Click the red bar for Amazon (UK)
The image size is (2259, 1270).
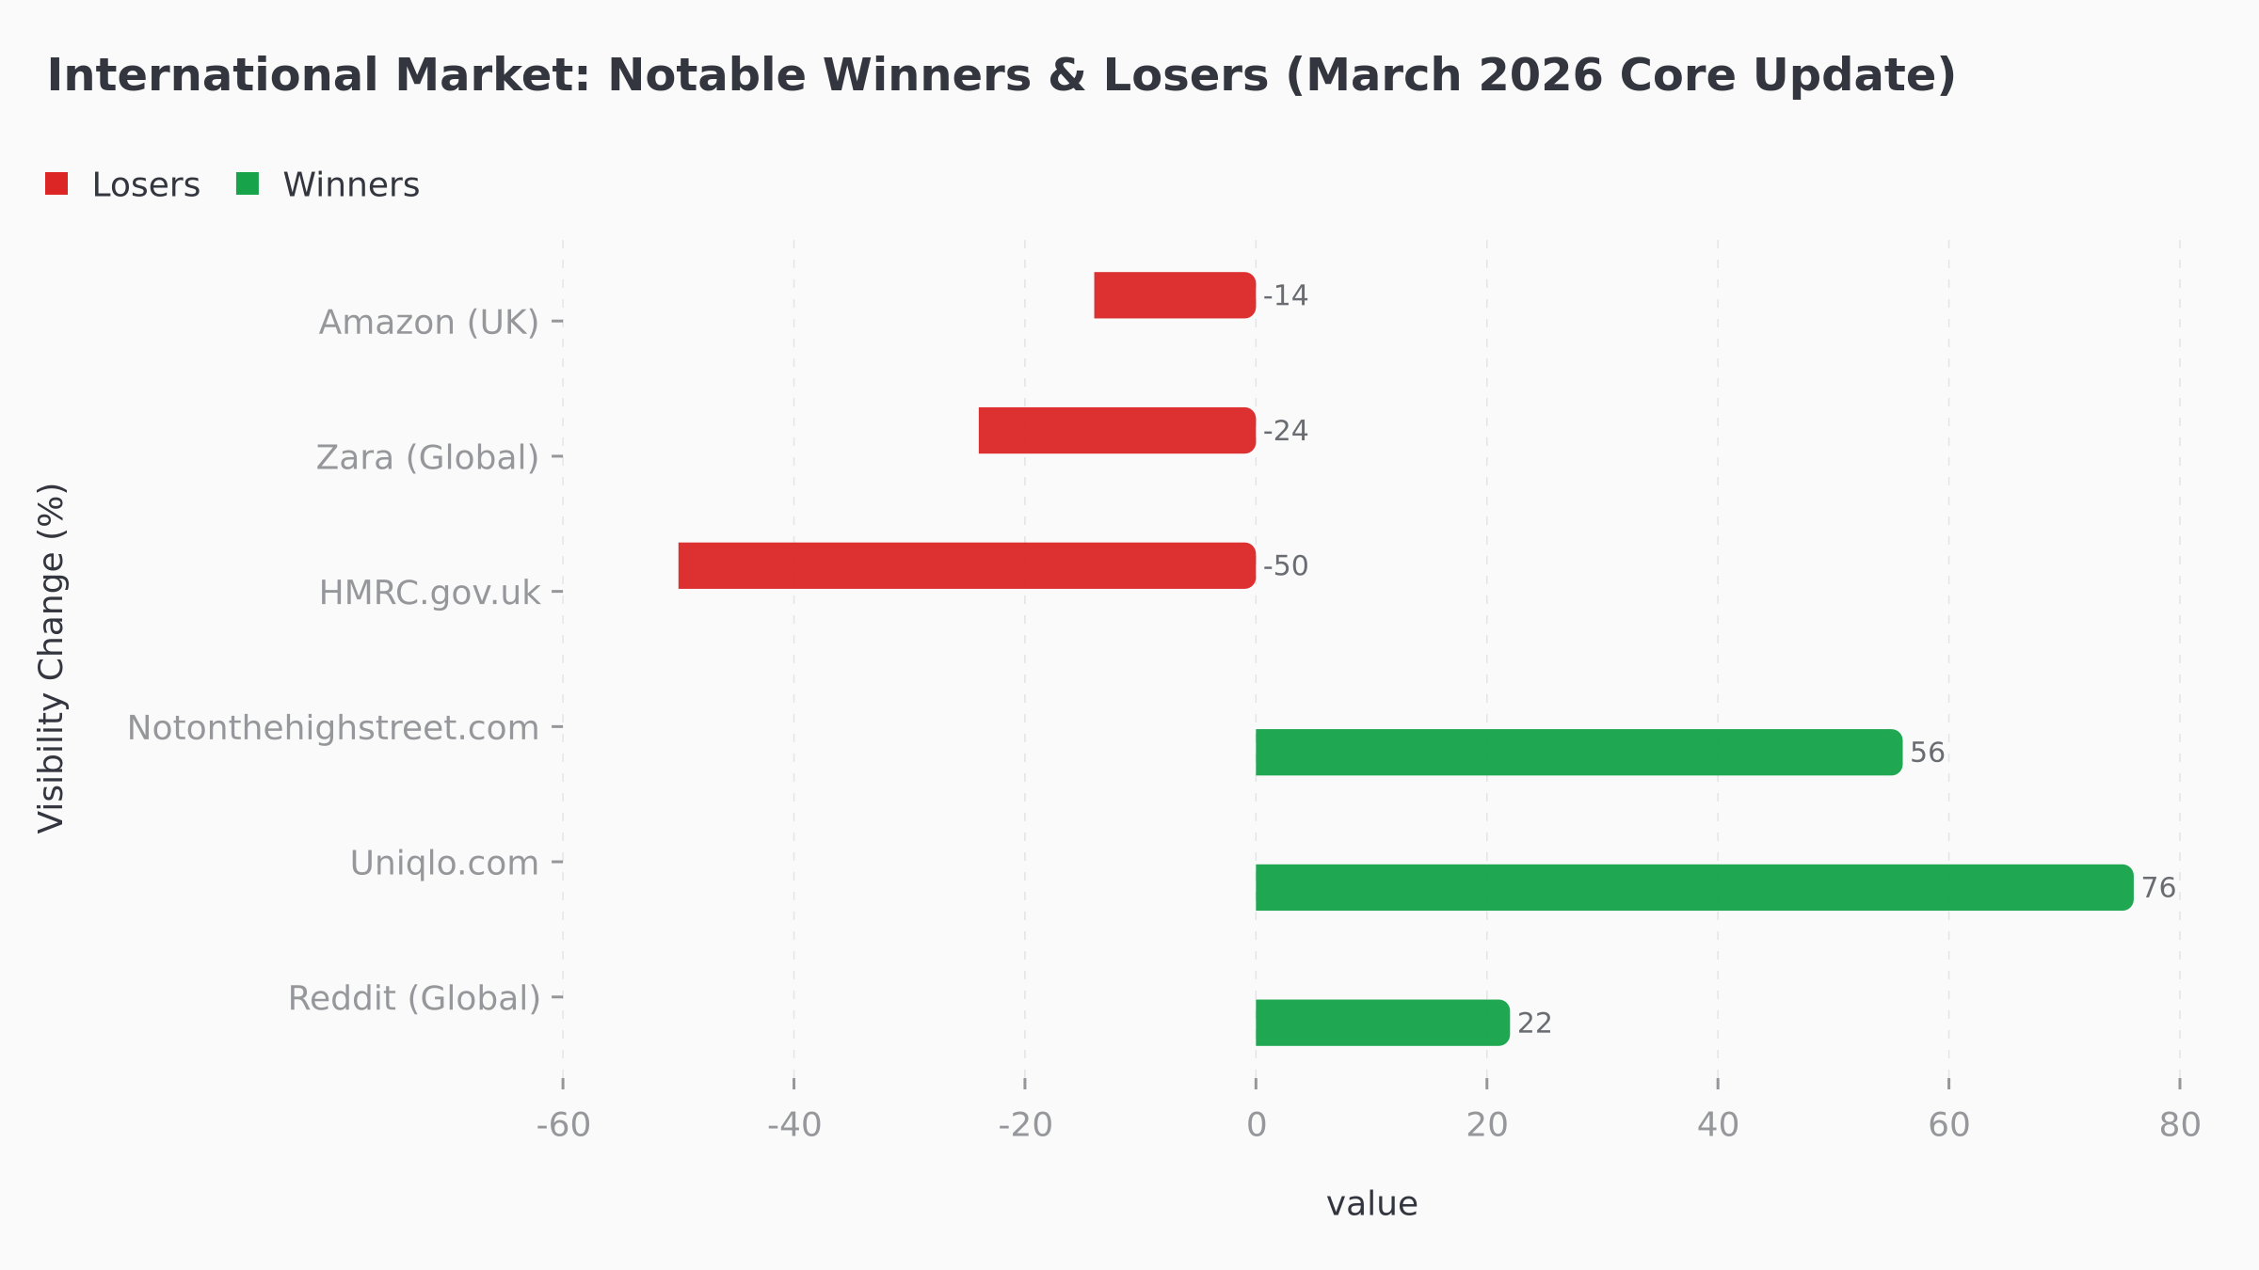coord(1175,295)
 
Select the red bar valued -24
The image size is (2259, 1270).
coord(1117,431)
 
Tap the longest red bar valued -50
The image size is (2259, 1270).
coord(967,566)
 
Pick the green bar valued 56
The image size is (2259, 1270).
coord(1578,753)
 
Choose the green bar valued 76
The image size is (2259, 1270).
coord(1694,887)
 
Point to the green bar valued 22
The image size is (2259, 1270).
coord(1382,1023)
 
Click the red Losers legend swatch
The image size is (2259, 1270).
coord(56,184)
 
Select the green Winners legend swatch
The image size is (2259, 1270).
coord(248,184)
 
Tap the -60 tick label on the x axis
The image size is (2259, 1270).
coord(563,1125)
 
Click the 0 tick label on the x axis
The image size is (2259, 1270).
coord(1257,1125)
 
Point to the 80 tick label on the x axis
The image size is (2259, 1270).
coord(2180,1125)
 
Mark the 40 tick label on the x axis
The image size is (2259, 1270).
coord(1718,1125)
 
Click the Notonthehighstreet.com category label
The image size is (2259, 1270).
coord(333,728)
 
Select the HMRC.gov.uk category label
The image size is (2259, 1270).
coord(429,594)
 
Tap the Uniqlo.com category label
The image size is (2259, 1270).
coord(444,864)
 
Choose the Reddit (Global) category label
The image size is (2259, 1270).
coord(414,998)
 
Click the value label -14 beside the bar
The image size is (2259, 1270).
coord(1286,296)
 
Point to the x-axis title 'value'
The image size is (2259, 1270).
coord(1371,1204)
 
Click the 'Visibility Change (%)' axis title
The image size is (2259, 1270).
coord(52,658)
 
